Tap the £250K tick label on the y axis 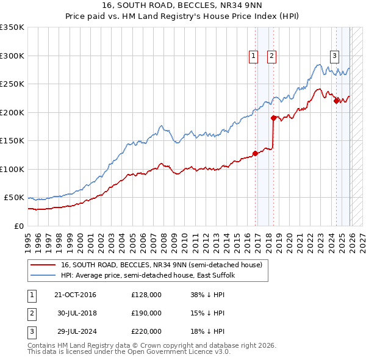click(12, 84)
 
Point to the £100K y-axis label click(12, 169)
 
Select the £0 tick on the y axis click(20, 226)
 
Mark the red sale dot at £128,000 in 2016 click(255, 153)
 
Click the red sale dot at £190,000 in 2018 click(273, 118)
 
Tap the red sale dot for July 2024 click(336, 101)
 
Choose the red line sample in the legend click(43, 265)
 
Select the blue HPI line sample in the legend click(43, 276)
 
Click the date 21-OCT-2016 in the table click(75, 295)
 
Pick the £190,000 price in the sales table click(146, 313)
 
